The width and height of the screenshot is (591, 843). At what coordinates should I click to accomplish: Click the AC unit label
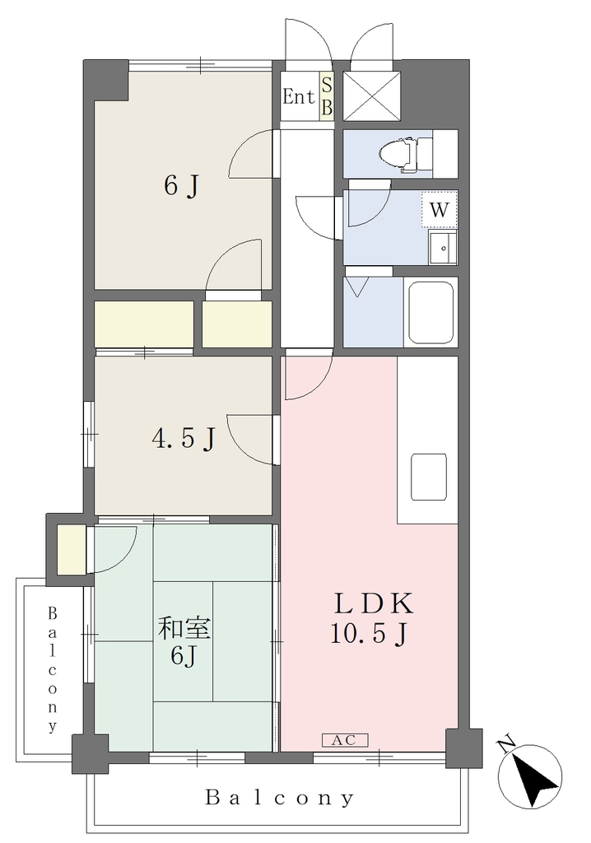click(x=345, y=740)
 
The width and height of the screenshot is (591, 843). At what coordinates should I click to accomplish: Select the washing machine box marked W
click(x=440, y=209)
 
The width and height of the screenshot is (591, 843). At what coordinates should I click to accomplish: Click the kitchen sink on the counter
click(x=429, y=477)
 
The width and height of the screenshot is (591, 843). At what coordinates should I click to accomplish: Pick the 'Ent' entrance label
click(x=299, y=97)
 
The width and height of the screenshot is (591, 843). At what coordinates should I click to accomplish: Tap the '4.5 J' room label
click(x=184, y=438)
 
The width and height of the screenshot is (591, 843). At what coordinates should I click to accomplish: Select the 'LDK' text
click(x=375, y=603)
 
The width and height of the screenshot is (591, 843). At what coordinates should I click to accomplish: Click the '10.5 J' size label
click(x=368, y=635)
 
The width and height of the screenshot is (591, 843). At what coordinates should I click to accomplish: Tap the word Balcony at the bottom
click(x=280, y=798)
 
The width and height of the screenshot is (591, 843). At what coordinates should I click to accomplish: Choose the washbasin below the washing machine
click(x=443, y=247)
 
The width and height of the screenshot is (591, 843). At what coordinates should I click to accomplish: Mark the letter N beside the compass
click(x=505, y=745)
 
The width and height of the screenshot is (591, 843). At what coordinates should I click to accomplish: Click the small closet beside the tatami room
click(x=71, y=549)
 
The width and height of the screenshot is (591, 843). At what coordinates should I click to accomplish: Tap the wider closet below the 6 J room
click(x=144, y=324)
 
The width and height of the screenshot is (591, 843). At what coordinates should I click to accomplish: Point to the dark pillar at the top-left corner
click(x=105, y=80)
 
